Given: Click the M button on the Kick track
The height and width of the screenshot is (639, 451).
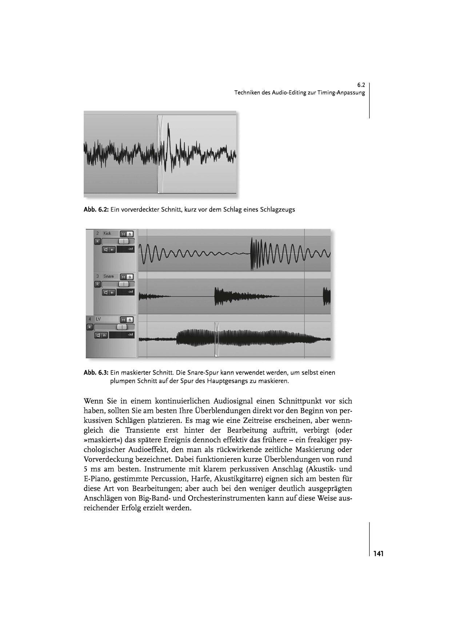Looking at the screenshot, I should [x=124, y=234].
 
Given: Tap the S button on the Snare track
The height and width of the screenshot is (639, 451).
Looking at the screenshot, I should [x=130, y=277].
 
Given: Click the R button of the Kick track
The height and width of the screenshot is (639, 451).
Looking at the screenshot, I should [x=97, y=241].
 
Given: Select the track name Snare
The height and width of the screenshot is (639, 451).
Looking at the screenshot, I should [x=108, y=277].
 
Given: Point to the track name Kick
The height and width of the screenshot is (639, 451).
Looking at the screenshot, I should [x=107, y=234].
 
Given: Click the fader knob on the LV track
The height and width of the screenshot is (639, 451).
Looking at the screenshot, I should [x=121, y=327].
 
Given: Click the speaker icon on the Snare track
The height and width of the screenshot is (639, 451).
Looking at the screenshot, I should [x=106, y=292].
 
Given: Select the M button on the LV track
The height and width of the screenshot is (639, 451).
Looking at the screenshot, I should [x=124, y=320].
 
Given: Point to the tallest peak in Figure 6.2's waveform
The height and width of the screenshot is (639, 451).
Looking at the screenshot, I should [x=168, y=126].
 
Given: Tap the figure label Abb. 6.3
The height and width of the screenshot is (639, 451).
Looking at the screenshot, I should [x=96, y=373].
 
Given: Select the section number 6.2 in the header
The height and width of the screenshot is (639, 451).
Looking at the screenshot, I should [x=361, y=85].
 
